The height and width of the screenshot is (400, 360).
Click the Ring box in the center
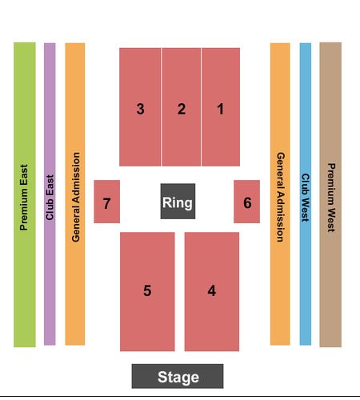[178, 202]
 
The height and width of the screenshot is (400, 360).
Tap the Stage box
[178, 376]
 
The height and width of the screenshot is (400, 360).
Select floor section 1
[221, 107]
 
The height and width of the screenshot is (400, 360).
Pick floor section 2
[182, 107]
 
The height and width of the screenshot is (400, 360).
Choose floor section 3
[140, 107]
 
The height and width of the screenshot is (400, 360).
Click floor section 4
[212, 292]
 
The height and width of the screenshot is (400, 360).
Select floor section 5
[147, 292]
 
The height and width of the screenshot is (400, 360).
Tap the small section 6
[247, 202]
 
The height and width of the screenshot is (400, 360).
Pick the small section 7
[107, 202]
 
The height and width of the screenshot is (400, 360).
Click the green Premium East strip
[25, 194]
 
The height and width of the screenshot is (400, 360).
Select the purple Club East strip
[50, 194]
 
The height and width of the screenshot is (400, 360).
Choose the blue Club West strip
[306, 194]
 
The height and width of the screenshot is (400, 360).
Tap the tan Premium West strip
[330, 194]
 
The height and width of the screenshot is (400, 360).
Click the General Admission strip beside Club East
[75, 194]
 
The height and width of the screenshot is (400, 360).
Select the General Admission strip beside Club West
[280, 194]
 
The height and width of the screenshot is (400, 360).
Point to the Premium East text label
[24, 198]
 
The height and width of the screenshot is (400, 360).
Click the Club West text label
[306, 198]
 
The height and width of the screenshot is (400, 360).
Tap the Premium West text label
[331, 198]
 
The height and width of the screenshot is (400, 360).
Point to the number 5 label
[147, 290]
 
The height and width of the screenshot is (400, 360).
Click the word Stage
[178, 377]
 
